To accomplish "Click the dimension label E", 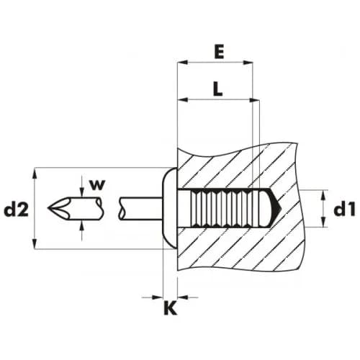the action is pos(220,53).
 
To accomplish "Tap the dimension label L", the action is pos(217,89).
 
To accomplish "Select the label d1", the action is pos(344,210).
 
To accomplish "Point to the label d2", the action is pos(17,210).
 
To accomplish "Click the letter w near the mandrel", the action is pos(97,185).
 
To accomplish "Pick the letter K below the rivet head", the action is pos(170,308).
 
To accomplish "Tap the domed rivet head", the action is pos(170,208).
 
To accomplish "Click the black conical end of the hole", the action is pos(275,208).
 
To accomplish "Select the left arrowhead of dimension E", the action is pos(182,63).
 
